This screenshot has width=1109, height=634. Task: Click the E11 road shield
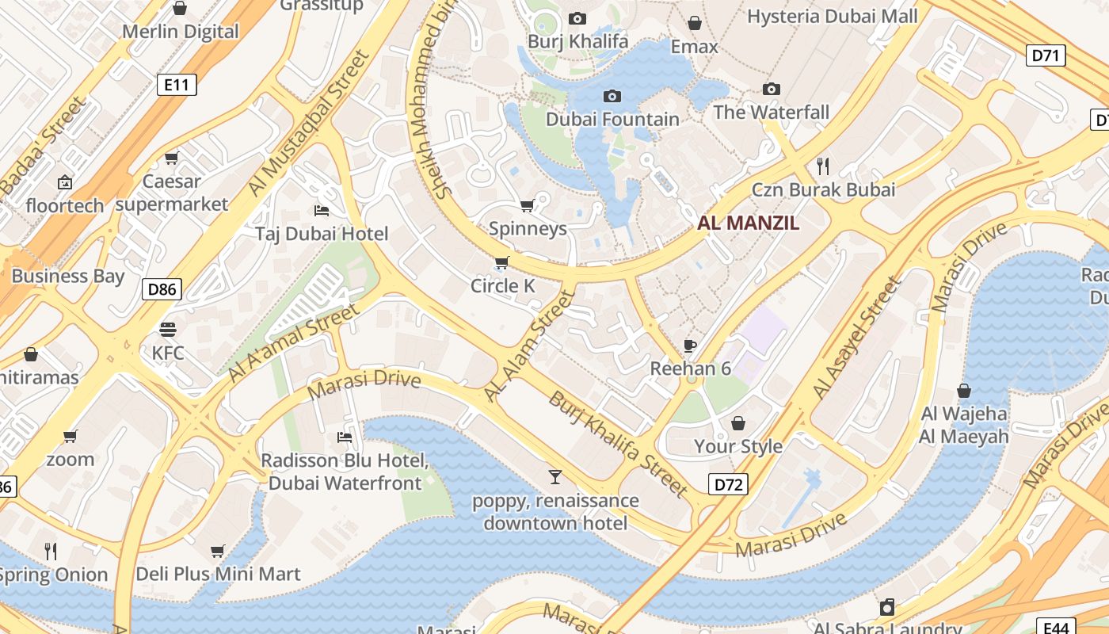176,85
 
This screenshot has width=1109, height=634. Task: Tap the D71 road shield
1046,55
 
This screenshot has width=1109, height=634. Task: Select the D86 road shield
162,289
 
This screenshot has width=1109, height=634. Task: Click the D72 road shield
726,483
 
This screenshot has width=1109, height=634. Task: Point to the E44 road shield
1058,626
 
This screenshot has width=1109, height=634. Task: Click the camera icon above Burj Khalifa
577,18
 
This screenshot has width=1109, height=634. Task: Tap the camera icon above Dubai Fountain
612,96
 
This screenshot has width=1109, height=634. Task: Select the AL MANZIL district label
748,223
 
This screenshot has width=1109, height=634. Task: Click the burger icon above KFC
167,329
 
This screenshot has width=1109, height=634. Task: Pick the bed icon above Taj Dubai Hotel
322,210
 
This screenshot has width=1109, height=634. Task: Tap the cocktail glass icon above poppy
555,476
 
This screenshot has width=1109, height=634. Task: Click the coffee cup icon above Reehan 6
690,345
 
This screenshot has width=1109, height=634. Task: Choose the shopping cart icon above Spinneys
527,206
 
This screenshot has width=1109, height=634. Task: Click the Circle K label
503,286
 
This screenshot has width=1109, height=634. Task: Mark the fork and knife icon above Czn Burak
823,166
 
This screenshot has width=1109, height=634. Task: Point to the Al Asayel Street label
857,338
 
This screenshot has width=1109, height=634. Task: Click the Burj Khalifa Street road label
618,444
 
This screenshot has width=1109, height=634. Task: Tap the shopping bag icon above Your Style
737,422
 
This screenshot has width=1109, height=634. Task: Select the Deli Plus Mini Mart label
218,574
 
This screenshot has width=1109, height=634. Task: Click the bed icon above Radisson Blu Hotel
345,437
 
